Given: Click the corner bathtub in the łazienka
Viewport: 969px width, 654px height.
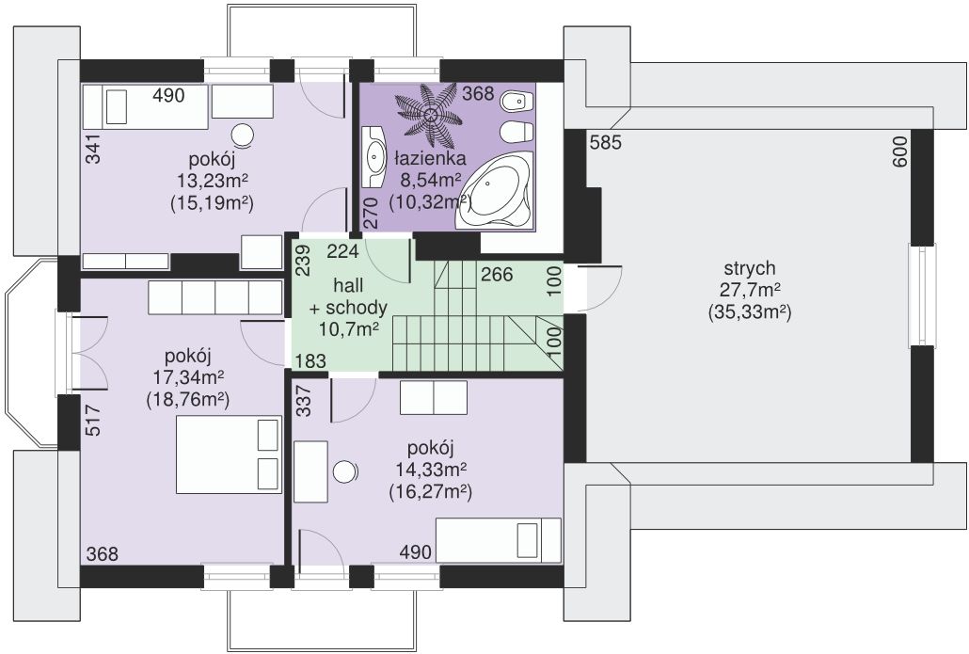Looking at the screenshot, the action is click(x=495, y=190).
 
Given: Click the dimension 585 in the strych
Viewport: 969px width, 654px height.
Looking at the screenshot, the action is click(x=605, y=143).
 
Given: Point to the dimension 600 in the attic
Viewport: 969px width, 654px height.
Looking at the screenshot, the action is click(x=899, y=152).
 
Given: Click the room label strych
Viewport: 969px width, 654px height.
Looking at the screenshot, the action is click(x=749, y=269).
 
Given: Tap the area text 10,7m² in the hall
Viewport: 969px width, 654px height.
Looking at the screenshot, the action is click(x=349, y=328).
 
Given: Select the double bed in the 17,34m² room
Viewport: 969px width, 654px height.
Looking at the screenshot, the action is click(x=229, y=455).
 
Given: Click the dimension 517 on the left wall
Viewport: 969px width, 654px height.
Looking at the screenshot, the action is click(x=93, y=421).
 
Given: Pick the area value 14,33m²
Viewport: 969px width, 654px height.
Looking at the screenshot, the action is click(x=431, y=471).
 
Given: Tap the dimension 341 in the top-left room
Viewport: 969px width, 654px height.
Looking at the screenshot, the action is click(x=93, y=149).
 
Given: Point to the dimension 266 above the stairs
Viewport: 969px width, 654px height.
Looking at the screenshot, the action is click(x=497, y=274).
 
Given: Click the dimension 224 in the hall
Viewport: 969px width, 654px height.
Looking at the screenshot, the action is click(x=343, y=251).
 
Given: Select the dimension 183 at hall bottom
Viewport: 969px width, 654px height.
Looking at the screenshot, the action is click(x=310, y=361).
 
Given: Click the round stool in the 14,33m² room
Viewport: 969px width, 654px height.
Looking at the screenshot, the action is click(x=345, y=471).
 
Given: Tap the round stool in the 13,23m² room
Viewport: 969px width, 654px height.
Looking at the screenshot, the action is click(x=243, y=135).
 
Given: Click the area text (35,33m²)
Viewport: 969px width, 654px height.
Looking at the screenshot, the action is click(x=749, y=311).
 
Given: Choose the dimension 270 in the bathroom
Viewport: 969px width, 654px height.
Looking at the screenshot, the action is click(x=370, y=214).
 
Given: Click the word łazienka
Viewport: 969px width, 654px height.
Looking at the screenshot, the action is click(x=430, y=159).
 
